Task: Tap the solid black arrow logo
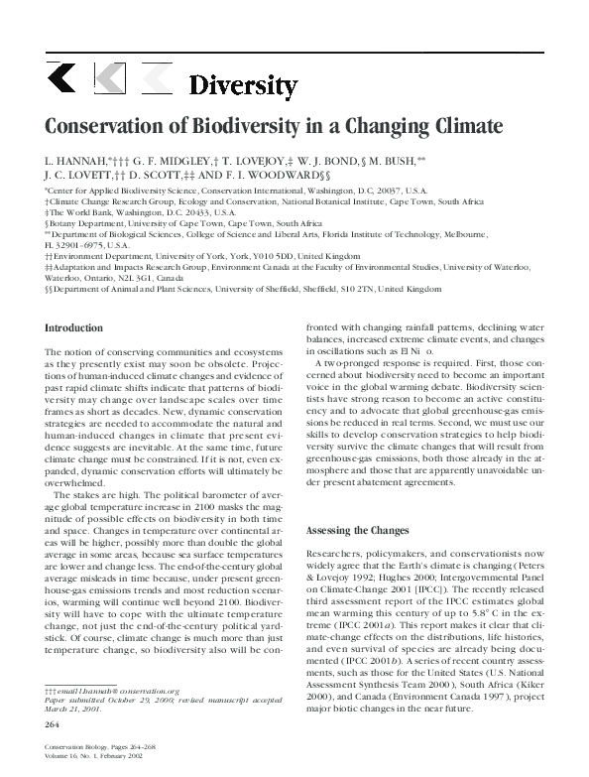click(x=60, y=77)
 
